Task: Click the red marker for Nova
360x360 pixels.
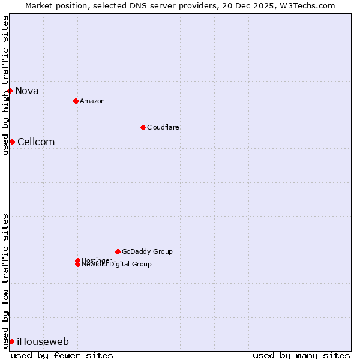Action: click(x=10, y=91)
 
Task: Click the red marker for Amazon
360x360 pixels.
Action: click(x=76, y=101)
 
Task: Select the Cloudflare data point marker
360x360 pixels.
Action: click(x=143, y=127)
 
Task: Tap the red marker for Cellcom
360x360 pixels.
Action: click(x=12, y=142)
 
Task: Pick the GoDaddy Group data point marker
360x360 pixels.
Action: click(x=118, y=251)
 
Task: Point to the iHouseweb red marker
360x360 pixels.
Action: click(x=11, y=341)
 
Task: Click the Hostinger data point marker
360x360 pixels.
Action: click(x=77, y=260)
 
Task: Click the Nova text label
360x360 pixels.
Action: click(x=26, y=91)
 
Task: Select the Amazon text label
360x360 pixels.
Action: click(x=92, y=101)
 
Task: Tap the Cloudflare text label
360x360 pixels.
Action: click(x=163, y=127)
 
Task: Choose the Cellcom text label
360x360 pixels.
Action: click(x=36, y=142)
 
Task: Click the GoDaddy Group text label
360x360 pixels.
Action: click(x=147, y=251)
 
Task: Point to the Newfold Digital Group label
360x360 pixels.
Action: click(x=116, y=265)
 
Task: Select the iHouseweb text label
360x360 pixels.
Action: click(x=43, y=342)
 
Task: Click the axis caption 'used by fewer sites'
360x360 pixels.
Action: click(x=62, y=355)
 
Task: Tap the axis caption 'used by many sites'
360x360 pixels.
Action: click(x=301, y=355)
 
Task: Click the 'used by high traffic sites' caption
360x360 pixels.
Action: click(x=5, y=85)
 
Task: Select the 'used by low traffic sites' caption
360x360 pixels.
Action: click(x=5, y=280)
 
